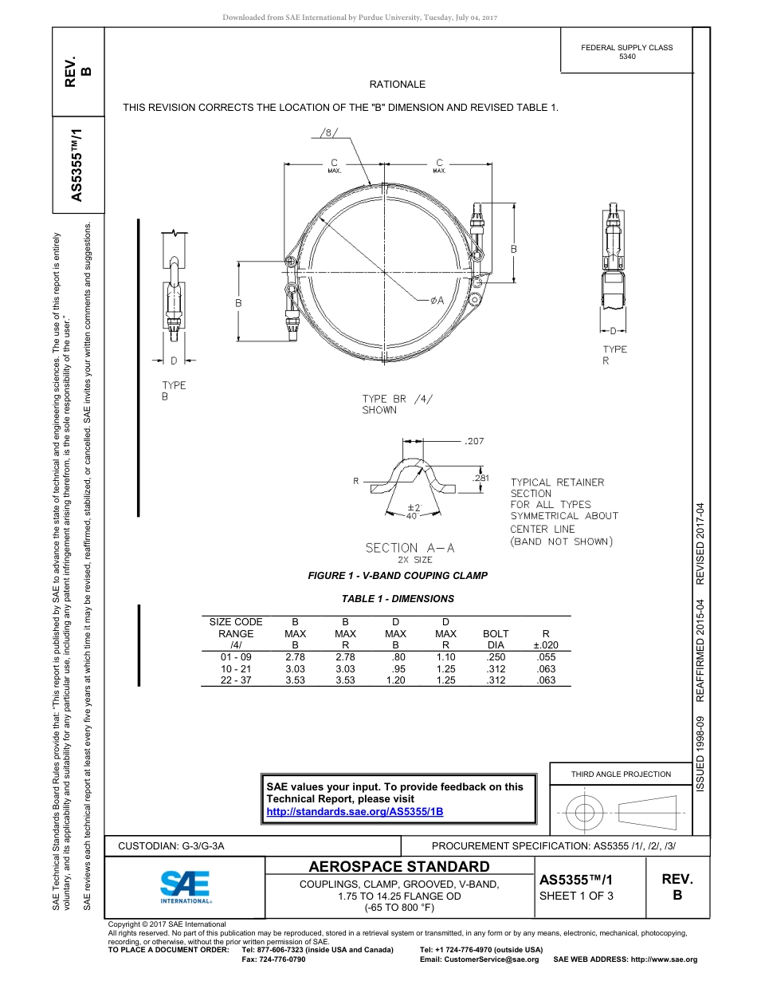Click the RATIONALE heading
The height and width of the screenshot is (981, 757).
397,85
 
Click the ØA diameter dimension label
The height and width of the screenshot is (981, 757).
437,301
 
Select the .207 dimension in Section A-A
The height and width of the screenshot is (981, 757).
473,440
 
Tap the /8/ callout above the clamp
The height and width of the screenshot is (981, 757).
329,132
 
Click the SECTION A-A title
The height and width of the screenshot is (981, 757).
402,548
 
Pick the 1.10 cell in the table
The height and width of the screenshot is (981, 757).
445,656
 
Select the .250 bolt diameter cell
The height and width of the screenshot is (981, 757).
496,656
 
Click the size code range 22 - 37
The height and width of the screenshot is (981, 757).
236,680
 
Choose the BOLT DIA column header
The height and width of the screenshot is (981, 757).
496,639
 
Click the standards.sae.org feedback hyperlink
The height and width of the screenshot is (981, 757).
354,811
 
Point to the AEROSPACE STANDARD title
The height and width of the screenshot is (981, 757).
399,867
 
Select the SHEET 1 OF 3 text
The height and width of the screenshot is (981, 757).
576,896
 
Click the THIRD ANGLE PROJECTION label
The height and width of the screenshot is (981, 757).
621,774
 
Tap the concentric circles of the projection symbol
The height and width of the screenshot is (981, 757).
585,814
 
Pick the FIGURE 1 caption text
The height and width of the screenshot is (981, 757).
398,576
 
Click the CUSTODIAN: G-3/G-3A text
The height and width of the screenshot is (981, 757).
171,846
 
